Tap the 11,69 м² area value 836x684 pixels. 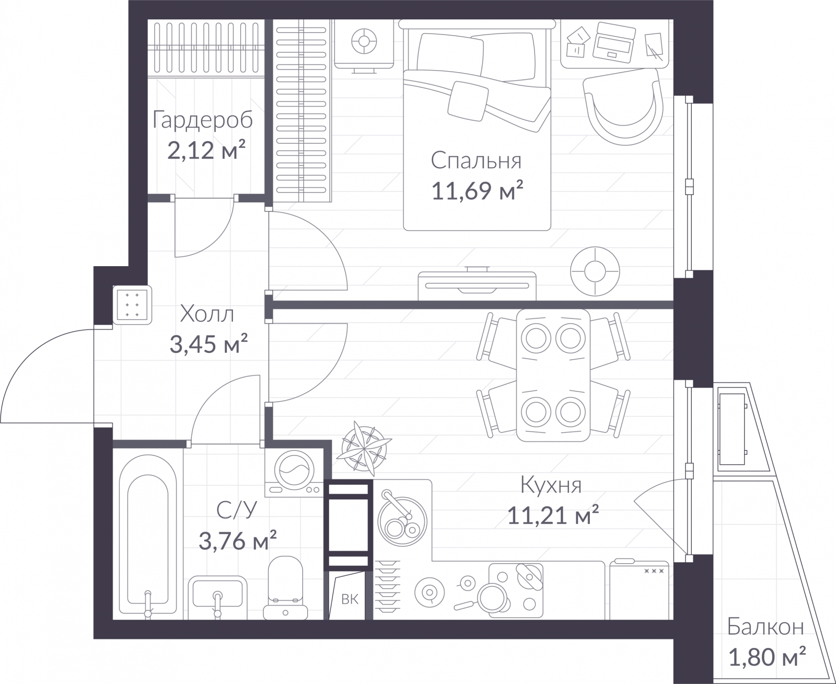477,191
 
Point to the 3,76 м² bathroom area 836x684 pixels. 237,541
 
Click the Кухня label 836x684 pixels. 551,485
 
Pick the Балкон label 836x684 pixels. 765,627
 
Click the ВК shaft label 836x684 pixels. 350,599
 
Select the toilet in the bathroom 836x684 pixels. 285,588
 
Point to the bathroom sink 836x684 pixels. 217,597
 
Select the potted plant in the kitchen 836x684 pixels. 364,448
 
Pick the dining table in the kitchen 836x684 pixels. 553,375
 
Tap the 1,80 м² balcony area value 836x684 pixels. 767,657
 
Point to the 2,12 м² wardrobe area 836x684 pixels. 206,150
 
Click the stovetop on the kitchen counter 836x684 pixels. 516,590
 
